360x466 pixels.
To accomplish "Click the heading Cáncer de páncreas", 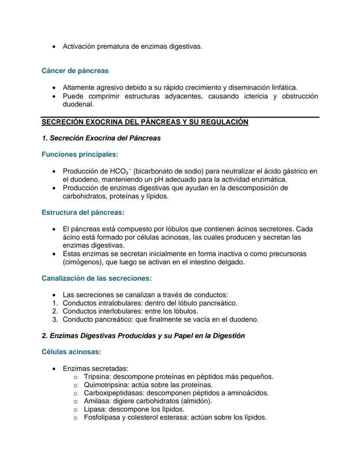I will click(x=75, y=70).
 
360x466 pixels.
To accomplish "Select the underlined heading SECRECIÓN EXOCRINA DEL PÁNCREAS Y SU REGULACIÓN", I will click(x=144, y=122).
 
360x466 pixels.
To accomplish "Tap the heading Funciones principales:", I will click(x=80, y=154).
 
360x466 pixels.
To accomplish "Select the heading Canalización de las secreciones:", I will click(x=97, y=278).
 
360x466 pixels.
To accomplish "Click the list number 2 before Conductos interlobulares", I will click(x=54, y=311).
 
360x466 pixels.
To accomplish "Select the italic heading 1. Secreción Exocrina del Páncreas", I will click(x=101, y=138).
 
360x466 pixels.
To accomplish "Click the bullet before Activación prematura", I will click(x=53, y=46).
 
